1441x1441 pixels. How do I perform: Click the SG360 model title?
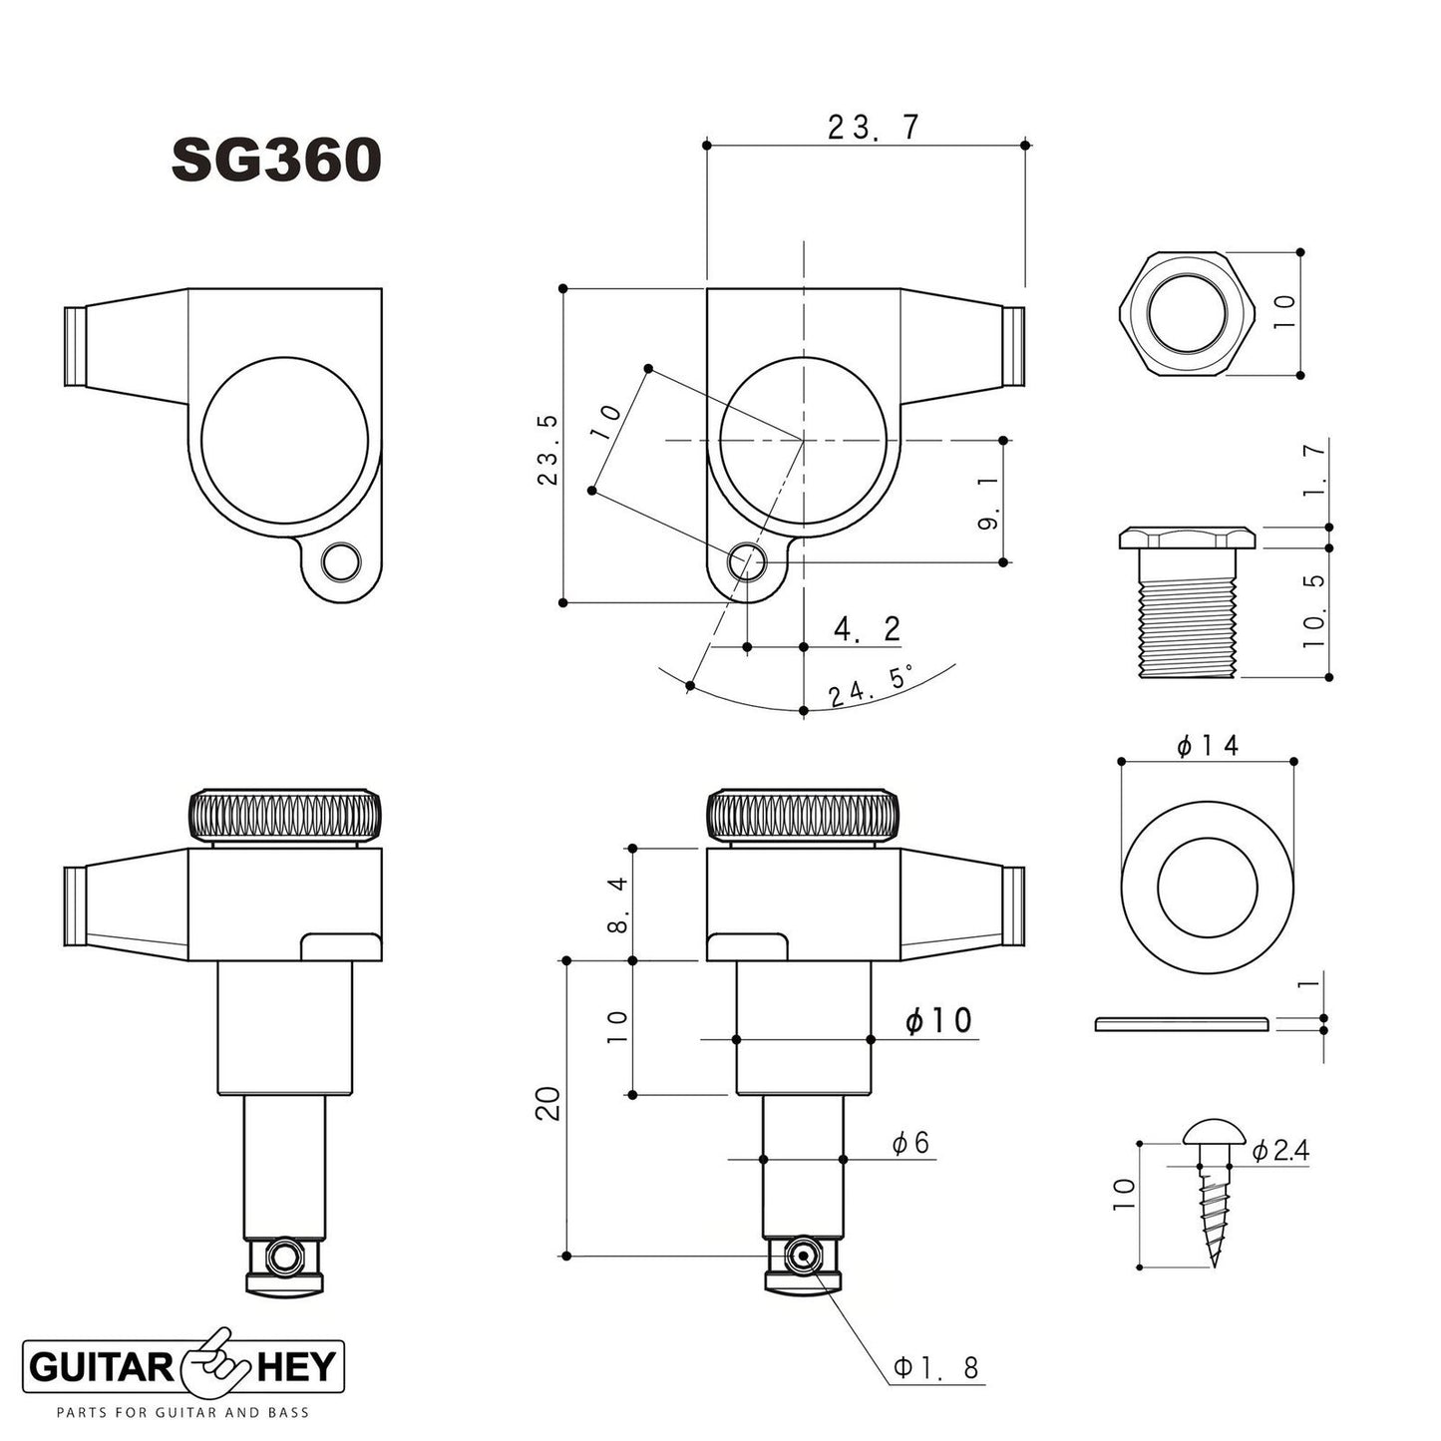pyautogui.click(x=276, y=160)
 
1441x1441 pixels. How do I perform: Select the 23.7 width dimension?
pyautogui.click(x=873, y=128)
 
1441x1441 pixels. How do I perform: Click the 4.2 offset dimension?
pyautogui.click(x=867, y=629)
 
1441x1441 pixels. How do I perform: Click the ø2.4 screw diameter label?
pyautogui.click(x=1279, y=1151)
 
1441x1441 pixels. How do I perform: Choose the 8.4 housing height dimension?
pyautogui.click(x=617, y=903)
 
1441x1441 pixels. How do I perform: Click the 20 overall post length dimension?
pyautogui.click(x=549, y=1105)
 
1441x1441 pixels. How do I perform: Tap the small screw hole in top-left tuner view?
pyautogui.click(x=343, y=563)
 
